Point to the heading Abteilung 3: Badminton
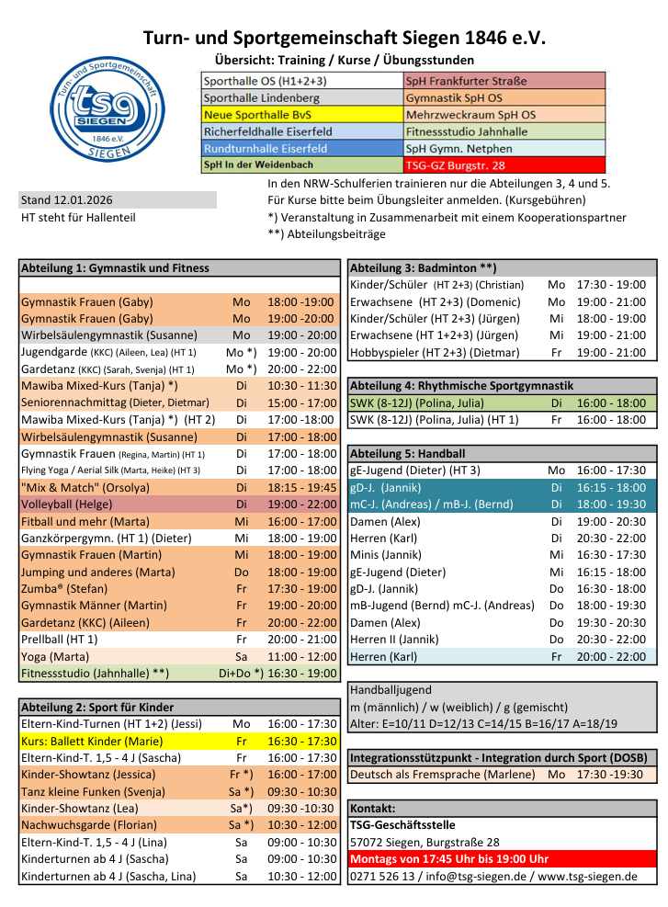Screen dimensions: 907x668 [424, 268]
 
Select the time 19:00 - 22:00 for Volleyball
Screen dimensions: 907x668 [302, 505]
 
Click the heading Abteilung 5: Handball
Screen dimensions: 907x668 [408, 454]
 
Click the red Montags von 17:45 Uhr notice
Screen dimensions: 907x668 [449, 859]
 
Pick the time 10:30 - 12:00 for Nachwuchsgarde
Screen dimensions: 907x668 [302, 825]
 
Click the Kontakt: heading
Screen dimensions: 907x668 [373, 809]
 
